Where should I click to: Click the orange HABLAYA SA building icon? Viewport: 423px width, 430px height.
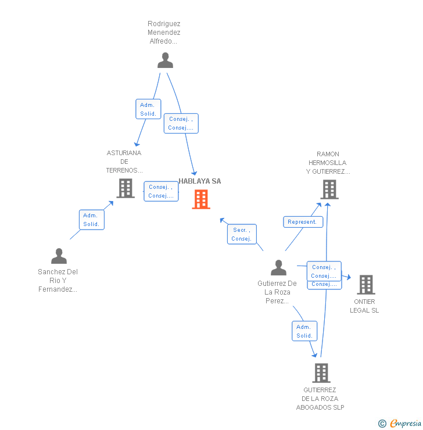tap(201, 199)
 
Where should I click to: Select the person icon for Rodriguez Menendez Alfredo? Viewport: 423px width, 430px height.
tap(166, 60)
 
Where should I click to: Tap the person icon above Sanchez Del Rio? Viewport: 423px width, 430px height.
tap(59, 256)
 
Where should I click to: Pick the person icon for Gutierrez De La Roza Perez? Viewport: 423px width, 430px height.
tap(278, 268)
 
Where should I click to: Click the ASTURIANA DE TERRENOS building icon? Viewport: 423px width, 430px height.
tap(126, 188)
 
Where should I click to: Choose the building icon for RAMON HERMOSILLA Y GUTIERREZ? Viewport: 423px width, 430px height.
tap(329, 189)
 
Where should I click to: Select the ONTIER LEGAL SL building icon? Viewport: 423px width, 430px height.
tap(365, 285)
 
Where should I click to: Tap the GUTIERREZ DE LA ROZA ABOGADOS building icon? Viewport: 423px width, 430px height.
tap(321, 373)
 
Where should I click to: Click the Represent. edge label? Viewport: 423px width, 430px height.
tap(303, 222)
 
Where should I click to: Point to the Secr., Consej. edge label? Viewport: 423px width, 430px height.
tap(242, 234)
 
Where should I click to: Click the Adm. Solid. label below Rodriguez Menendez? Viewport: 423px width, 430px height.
tap(148, 109)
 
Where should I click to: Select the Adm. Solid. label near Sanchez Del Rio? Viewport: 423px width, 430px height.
tap(91, 220)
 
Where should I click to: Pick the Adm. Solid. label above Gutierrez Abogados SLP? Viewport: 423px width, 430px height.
tap(304, 331)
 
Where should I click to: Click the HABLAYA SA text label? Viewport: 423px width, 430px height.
tap(200, 181)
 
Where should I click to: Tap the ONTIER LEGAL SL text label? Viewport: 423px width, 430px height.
tap(364, 306)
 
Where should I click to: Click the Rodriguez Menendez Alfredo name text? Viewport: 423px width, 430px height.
tap(164, 33)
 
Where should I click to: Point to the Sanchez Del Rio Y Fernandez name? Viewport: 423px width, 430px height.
tap(58, 281)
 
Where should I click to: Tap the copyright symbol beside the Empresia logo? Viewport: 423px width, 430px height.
tap(382, 424)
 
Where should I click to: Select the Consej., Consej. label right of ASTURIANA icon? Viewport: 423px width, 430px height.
tap(161, 191)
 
